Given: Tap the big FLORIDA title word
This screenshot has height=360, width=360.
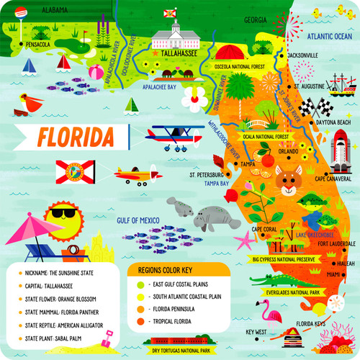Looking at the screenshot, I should (76, 135).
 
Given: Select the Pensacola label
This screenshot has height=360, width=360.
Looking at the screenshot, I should (37, 45).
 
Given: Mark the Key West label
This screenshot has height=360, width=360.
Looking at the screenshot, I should (256, 333).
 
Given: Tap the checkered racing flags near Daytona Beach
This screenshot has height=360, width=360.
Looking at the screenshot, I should (310, 107).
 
